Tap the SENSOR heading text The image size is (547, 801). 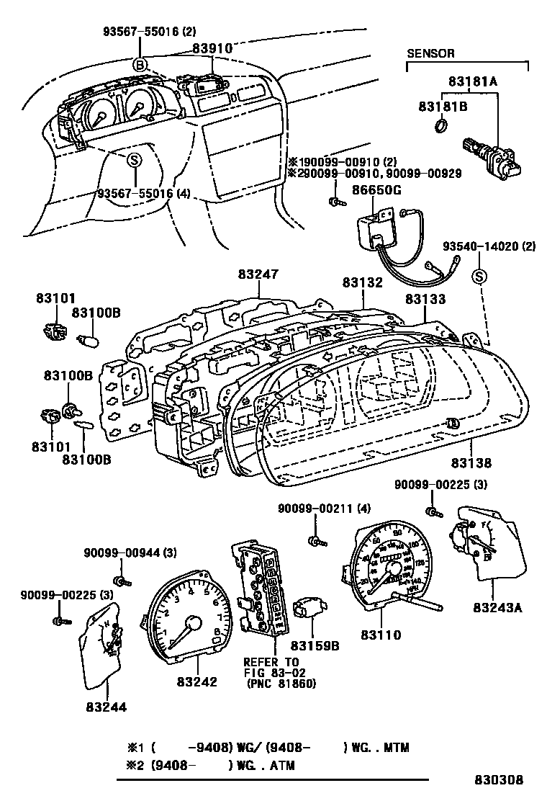[431, 53]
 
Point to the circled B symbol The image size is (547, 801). [140, 65]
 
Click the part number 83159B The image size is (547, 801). [315, 646]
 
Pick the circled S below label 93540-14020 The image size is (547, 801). [480, 275]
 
